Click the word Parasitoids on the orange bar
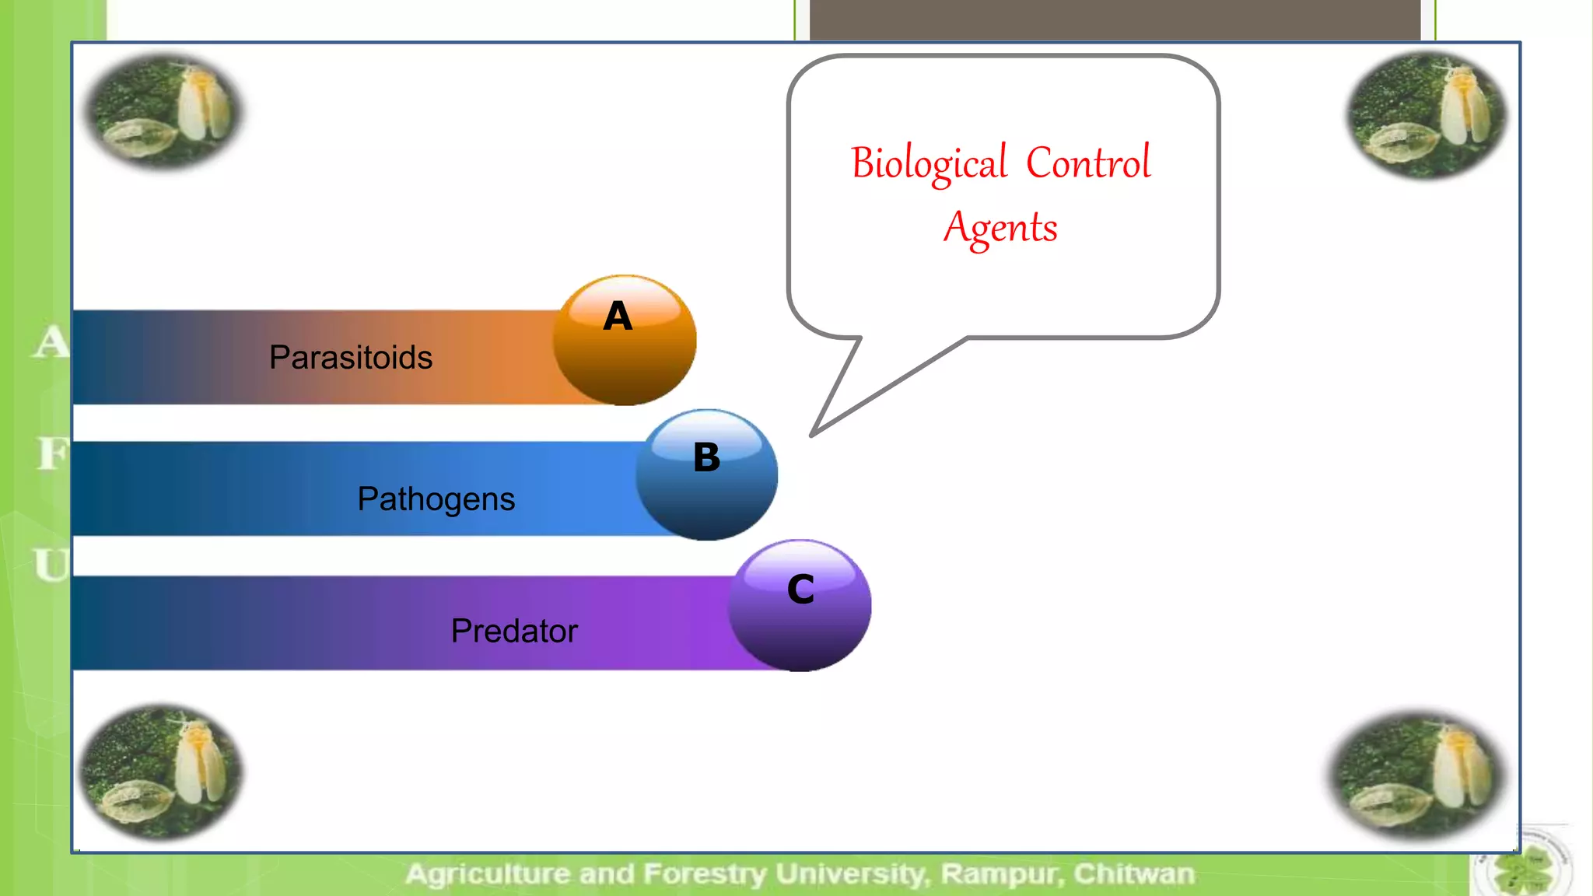click(351, 358)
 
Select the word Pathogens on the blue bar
click(436, 499)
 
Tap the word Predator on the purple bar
click(514, 631)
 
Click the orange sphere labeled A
click(625, 341)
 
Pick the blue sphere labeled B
click(706, 475)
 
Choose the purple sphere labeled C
click(800, 606)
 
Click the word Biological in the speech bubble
click(929, 164)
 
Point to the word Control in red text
click(1087, 163)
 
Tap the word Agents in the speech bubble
click(1000, 228)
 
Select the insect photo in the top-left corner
click(163, 111)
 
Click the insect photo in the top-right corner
click(1427, 115)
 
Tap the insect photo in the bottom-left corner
click(162, 772)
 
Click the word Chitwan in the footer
click(1134, 874)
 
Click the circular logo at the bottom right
click(1522, 866)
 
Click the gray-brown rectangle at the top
click(1114, 19)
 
